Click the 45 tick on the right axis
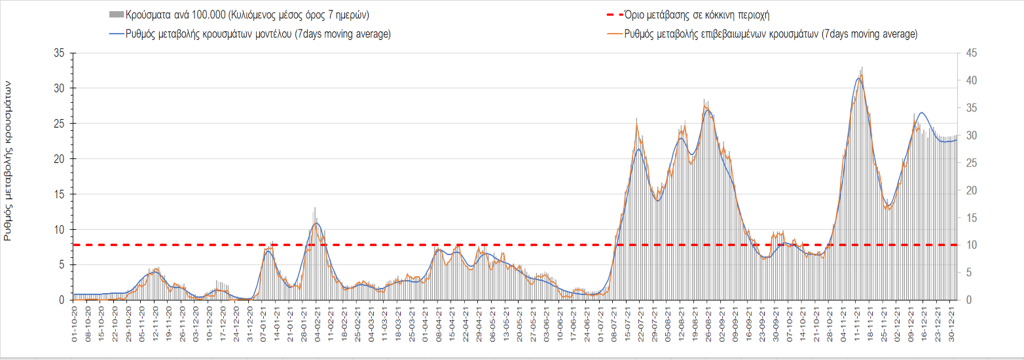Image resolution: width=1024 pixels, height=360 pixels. (x=968, y=53)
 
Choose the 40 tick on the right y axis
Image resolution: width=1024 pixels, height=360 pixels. (x=968, y=81)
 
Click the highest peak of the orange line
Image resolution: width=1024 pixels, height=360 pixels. (x=861, y=73)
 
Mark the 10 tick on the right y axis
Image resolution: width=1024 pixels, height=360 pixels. (x=968, y=245)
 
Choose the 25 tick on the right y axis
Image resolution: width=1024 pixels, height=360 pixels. (x=968, y=163)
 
